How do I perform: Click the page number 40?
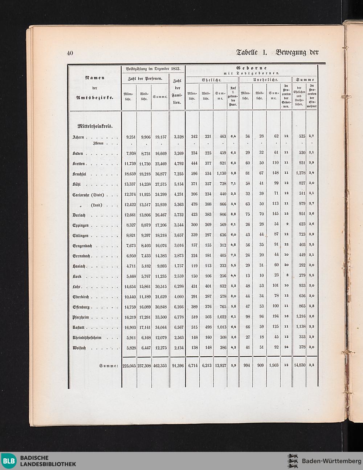coord(70,53)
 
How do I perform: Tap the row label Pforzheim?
coord(81,317)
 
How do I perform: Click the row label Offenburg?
coord(81,307)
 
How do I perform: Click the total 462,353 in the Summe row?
coord(160,365)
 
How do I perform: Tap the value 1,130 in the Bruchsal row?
coord(220,174)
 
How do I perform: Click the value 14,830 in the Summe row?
coord(299,365)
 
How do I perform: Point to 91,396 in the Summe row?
coord(178,365)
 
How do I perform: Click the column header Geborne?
coord(251,68)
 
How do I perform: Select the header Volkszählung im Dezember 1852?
coord(153,68)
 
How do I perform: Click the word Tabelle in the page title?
coord(247,52)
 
